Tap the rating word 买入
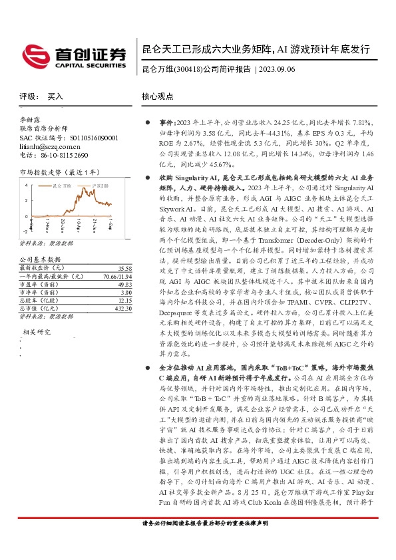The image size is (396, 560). coord(55,96)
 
